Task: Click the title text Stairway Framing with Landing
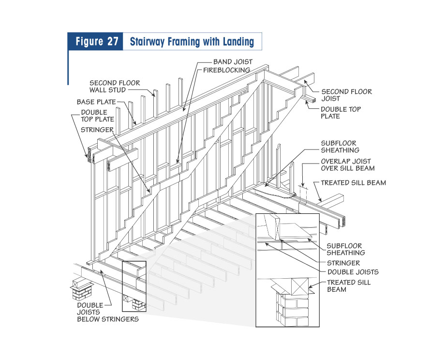pyautogui.click(x=192, y=42)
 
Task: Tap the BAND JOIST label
pyautogui.click(x=233, y=62)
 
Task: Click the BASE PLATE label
pyautogui.click(x=96, y=102)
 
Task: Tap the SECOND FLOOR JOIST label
pyautogui.click(x=346, y=95)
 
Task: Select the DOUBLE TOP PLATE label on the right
pyautogui.click(x=341, y=113)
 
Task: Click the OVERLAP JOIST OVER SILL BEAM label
pyautogui.click(x=348, y=165)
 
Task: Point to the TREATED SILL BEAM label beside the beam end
pyautogui.click(x=354, y=183)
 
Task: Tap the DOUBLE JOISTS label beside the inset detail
pyautogui.click(x=353, y=272)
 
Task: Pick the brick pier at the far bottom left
pyautogui.click(x=80, y=290)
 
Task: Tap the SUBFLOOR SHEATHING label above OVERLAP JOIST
pyautogui.click(x=339, y=147)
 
